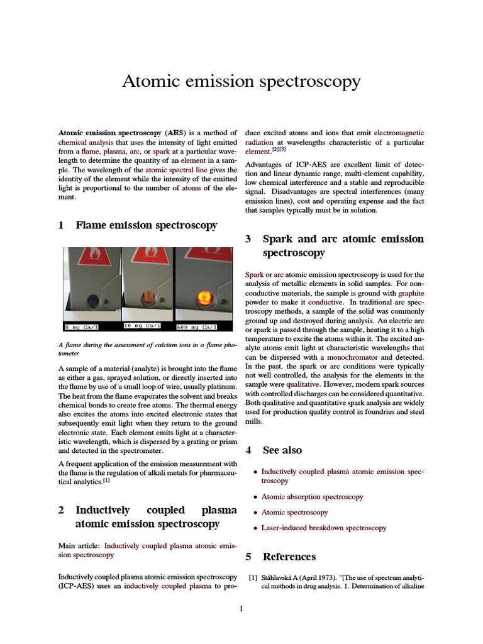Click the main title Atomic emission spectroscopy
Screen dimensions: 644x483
point(241,81)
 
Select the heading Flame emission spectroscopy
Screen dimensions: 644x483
point(146,225)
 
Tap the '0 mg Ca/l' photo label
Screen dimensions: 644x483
point(82,326)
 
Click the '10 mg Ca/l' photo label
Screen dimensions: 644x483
point(142,326)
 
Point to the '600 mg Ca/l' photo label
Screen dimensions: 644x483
point(196,326)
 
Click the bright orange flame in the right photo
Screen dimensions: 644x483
point(204,296)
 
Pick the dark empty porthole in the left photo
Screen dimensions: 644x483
point(93,300)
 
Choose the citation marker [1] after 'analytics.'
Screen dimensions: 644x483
point(106,480)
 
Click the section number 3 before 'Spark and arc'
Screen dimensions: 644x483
point(248,239)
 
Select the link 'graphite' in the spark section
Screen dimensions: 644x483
point(411,292)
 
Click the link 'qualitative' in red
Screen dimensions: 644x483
point(303,384)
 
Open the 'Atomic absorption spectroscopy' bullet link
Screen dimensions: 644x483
point(312,497)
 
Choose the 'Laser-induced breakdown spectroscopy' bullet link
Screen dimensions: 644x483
point(323,528)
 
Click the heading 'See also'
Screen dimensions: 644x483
point(282,450)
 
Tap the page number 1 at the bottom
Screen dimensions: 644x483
point(241,608)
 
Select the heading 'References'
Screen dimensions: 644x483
point(289,557)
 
